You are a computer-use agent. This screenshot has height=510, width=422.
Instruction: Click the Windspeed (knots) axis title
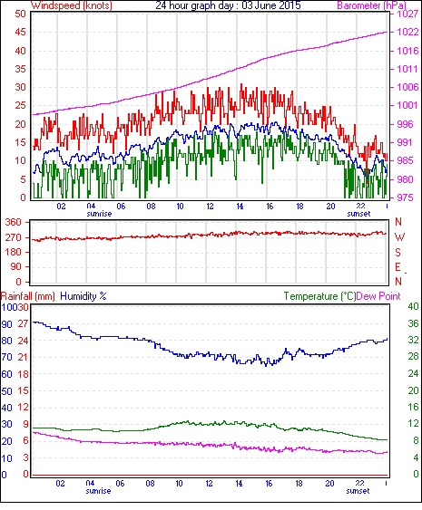pos(72,5)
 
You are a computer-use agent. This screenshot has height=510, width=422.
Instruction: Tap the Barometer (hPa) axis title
pos(371,5)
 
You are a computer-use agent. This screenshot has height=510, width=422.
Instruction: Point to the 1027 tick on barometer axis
pos(407,14)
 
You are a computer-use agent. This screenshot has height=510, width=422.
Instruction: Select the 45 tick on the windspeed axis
pos(20,33)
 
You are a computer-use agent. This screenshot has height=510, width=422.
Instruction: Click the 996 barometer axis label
pos(405,124)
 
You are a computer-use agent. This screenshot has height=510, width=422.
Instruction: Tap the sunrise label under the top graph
pos(99,214)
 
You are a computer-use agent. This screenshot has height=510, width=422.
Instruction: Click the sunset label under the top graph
pos(358,214)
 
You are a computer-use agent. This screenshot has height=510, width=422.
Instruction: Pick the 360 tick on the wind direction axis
pos(14,223)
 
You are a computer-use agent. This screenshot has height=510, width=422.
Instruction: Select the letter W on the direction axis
pos(399,237)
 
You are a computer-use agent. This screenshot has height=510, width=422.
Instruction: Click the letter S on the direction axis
pos(397,252)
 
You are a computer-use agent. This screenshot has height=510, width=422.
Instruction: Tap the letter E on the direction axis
pos(397,267)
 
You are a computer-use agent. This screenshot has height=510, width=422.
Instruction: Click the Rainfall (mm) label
pos(28,296)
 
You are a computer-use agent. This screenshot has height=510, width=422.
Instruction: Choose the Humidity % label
pos(83,296)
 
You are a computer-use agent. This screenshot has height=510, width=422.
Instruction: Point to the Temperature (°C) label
pos(319,296)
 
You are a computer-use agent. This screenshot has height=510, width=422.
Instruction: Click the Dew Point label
pos(378,296)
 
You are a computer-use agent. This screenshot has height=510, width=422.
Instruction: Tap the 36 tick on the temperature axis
pos(413,323)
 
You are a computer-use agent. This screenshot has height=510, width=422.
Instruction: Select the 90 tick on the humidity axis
pos(7,324)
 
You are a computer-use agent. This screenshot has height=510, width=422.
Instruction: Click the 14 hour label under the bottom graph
pos(239,484)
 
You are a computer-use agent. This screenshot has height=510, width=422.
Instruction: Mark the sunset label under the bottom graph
pos(358,490)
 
